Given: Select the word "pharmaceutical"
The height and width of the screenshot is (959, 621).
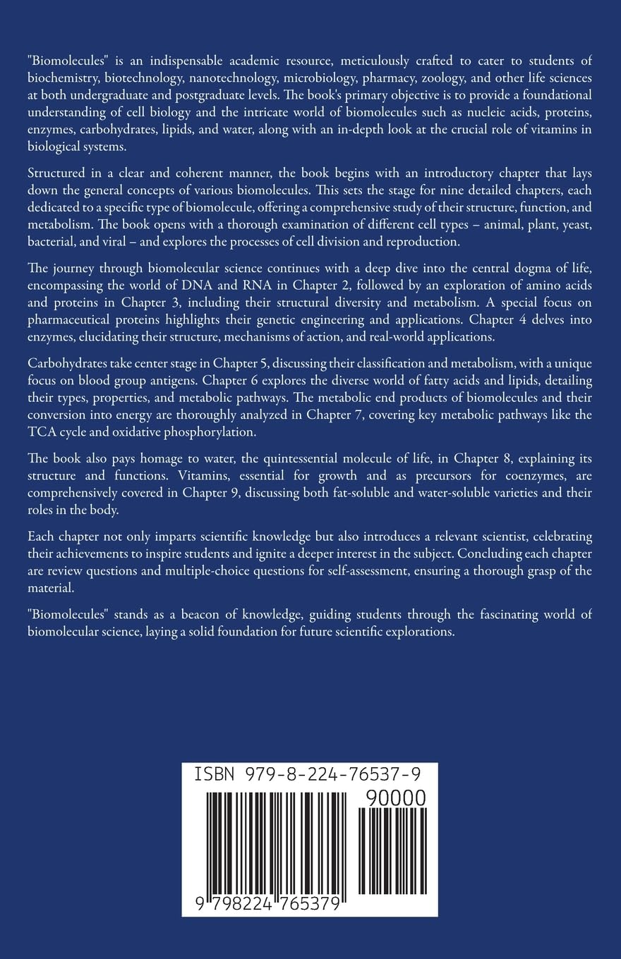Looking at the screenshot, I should coord(64,322).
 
